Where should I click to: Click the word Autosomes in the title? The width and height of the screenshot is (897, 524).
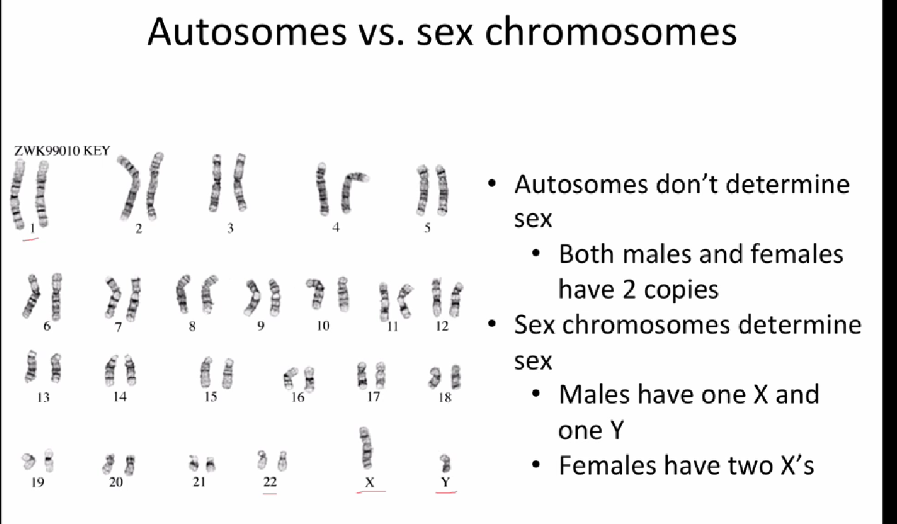coord(247,32)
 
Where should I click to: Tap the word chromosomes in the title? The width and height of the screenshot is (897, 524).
coord(610,32)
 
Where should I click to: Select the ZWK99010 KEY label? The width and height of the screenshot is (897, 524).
coord(62,150)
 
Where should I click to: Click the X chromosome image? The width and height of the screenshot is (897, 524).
coord(366,447)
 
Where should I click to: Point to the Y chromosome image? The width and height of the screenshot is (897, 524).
coord(445,463)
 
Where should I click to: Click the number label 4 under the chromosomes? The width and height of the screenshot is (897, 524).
coord(336,227)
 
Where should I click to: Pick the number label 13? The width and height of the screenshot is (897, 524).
coord(43,397)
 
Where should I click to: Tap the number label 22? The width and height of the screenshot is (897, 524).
coord(270,481)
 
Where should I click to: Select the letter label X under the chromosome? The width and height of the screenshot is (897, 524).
coord(370,482)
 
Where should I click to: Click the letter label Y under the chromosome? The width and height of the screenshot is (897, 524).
coord(446,482)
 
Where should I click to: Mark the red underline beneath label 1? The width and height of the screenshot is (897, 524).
coord(31,240)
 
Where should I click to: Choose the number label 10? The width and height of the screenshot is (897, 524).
coord(323,326)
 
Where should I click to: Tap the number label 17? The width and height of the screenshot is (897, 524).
coord(373,397)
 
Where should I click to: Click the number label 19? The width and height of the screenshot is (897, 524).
coord(37,482)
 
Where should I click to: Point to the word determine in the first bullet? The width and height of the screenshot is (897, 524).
coord(788,184)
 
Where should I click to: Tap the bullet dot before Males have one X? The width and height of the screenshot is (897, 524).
coord(536,394)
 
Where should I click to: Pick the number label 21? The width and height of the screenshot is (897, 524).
coord(199,481)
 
